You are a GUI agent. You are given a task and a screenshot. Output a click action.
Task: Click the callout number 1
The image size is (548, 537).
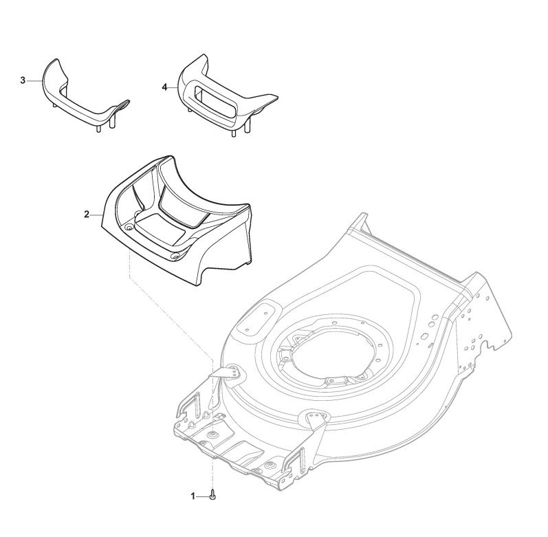[x=193, y=495]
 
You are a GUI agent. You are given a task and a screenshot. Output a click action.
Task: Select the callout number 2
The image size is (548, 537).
[x=87, y=215]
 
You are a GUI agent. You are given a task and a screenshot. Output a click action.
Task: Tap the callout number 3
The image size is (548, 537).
[x=23, y=80]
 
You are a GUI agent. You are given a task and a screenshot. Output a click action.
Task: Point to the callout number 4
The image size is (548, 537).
[x=164, y=87]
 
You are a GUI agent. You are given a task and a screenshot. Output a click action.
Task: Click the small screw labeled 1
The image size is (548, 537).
[x=212, y=494]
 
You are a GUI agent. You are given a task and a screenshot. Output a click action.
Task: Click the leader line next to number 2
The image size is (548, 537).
[x=97, y=215]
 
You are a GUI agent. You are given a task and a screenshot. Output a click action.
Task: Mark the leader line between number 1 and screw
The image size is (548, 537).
[x=204, y=495]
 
